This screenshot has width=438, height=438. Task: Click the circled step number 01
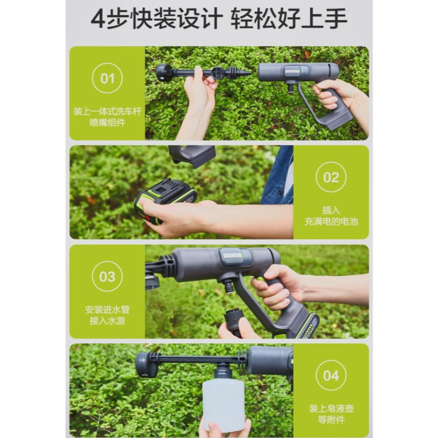click(107, 78)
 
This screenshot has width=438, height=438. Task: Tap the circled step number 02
click(331, 177)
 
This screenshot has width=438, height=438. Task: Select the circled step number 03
click(107, 276)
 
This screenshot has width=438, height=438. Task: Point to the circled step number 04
click(331, 375)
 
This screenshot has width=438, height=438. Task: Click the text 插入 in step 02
click(331, 210)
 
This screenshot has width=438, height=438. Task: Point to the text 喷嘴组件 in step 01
click(107, 123)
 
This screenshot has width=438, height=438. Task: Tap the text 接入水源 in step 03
click(107, 321)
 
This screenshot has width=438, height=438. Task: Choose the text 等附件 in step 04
click(331, 420)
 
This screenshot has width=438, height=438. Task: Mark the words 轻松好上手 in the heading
click(289, 19)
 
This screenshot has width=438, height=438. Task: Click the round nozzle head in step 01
click(165, 72)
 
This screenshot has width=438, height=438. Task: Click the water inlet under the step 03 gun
click(229, 285)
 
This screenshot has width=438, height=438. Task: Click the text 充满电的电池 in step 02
click(331, 222)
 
